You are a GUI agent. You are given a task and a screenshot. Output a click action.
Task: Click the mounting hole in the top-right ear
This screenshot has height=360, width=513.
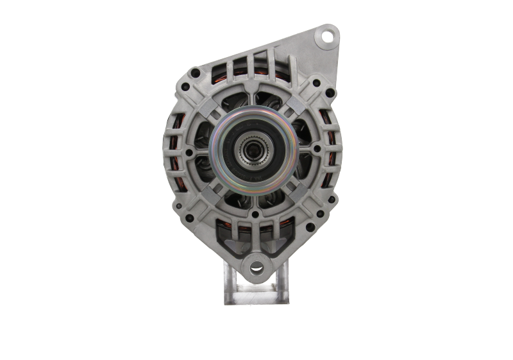tap(328, 37)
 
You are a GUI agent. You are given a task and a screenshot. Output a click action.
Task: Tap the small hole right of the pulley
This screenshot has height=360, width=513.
tap(317, 148)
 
